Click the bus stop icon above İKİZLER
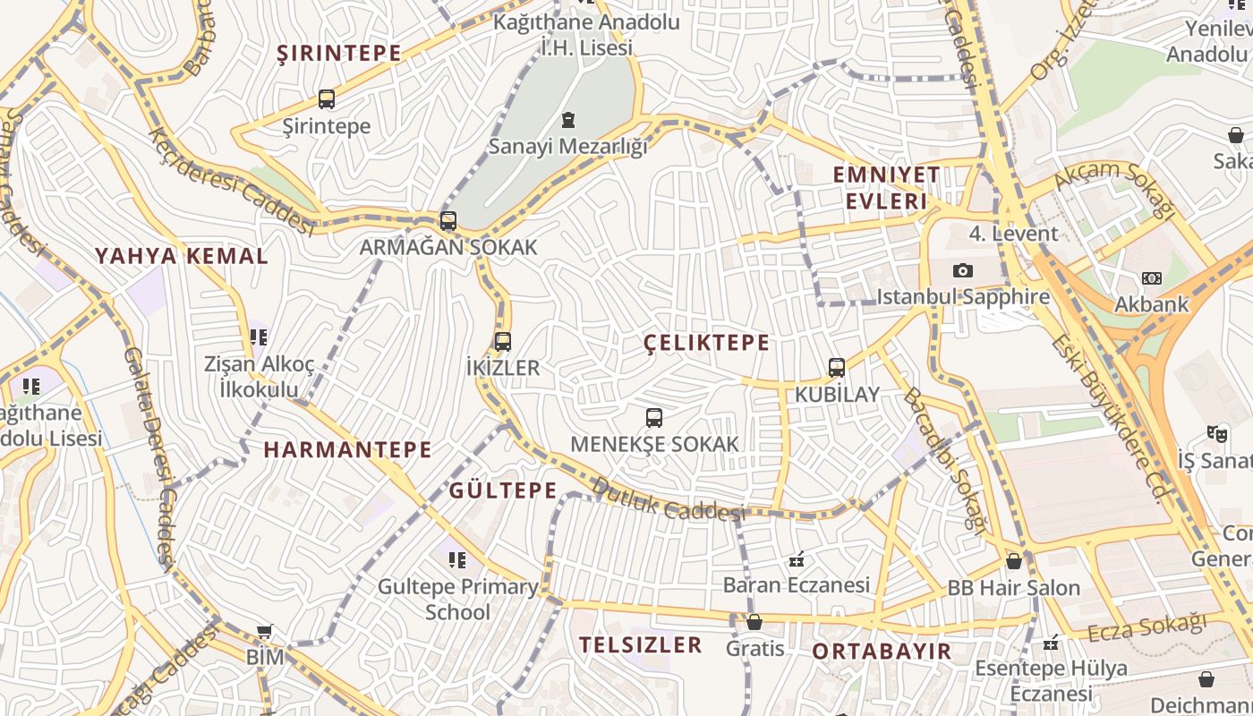(x=503, y=341)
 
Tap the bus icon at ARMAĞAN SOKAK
(x=448, y=221)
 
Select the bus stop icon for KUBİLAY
(x=837, y=368)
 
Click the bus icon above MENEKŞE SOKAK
(x=654, y=418)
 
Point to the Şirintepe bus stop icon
(x=327, y=99)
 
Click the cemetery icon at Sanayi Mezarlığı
(x=567, y=120)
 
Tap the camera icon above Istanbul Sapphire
(x=963, y=270)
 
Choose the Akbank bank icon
(x=1152, y=278)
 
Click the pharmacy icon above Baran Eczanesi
(x=796, y=560)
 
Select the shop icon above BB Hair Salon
(x=1014, y=562)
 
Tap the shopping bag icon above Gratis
(x=754, y=622)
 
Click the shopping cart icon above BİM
(x=264, y=632)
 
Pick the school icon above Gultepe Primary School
(x=457, y=560)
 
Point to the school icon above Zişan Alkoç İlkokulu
(x=259, y=337)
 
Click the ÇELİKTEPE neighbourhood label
(x=707, y=343)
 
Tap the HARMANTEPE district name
(x=347, y=449)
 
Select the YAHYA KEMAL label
(x=182, y=256)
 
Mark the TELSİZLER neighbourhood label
(x=640, y=644)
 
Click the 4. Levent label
(x=1013, y=234)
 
